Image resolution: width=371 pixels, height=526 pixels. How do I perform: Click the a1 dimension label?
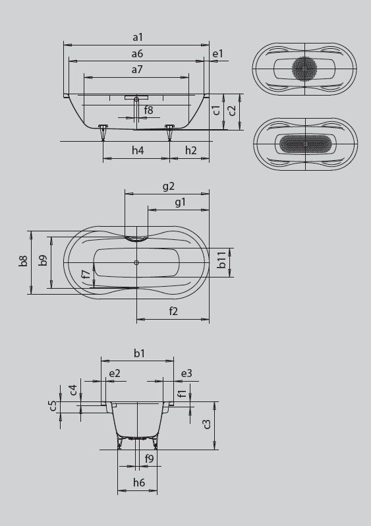[x=137, y=38]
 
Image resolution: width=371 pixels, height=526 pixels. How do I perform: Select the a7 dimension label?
[x=137, y=69]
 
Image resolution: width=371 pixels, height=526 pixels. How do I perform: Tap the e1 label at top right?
[x=218, y=53]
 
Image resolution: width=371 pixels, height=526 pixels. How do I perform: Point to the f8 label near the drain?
[x=149, y=110]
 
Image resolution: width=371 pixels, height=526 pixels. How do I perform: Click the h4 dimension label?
[x=137, y=151]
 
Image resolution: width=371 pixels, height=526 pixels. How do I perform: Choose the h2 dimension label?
[x=190, y=151]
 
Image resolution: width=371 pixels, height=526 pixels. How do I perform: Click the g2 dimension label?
[x=168, y=187]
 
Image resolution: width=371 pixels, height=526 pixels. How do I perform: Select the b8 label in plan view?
[x=24, y=262]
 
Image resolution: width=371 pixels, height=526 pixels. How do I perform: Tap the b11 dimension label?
[x=222, y=262]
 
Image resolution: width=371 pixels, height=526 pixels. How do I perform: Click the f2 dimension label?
[x=173, y=311]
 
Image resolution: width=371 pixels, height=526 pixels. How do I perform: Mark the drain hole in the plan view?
[x=136, y=264]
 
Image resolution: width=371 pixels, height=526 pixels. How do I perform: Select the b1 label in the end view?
[x=138, y=353]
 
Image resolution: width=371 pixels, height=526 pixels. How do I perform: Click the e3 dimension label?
[x=186, y=373]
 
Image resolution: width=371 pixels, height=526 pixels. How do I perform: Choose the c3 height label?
[x=208, y=424]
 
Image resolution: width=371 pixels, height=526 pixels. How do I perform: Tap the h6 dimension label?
[x=138, y=483]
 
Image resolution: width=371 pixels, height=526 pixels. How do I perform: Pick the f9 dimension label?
[x=149, y=458]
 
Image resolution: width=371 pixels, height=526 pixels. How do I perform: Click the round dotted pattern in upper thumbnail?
[x=305, y=69]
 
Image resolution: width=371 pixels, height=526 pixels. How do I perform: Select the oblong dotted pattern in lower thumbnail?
[x=305, y=142]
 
